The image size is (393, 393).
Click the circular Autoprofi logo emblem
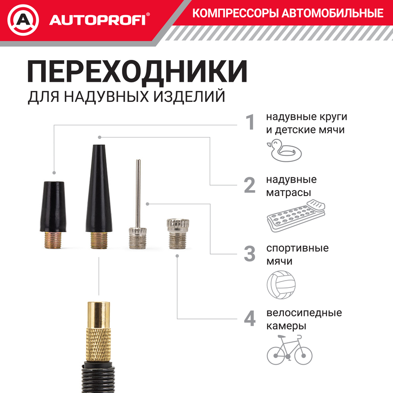pyautogui.click(x=23, y=20)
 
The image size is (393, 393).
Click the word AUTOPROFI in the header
pyautogui.click(x=97, y=20)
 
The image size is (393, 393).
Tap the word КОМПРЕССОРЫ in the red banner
pyautogui.click(x=235, y=13)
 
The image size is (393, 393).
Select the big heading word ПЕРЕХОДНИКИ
pyautogui.click(x=137, y=71)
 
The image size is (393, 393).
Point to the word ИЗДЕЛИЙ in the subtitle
pyautogui.click(x=189, y=96)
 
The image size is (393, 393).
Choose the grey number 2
pyautogui.click(x=250, y=185)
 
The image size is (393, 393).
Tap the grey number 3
pyautogui.click(x=250, y=254)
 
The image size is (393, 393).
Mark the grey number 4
pyautogui.click(x=250, y=319)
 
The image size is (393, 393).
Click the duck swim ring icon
pyautogui.click(x=284, y=150)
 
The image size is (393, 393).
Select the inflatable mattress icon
pyautogui.click(x=296, y=216)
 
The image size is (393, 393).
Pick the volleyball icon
pyautogui.click(x=281, y=285)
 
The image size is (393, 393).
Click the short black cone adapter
pyautogui.click(x=53, y=215)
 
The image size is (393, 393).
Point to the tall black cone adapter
pyautogui.click(x=99, y=196)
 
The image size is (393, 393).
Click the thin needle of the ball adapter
pyautogui.click(x=138, y=193)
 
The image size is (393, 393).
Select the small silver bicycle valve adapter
pyautogui.click(x=178, y=234)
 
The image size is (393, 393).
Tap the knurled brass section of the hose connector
pyautogui.click(x=98, y=344)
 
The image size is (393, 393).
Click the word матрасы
pyautogui.click(x=288, y=193)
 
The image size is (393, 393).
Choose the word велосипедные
pyautogui.click(x=304, y=313)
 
